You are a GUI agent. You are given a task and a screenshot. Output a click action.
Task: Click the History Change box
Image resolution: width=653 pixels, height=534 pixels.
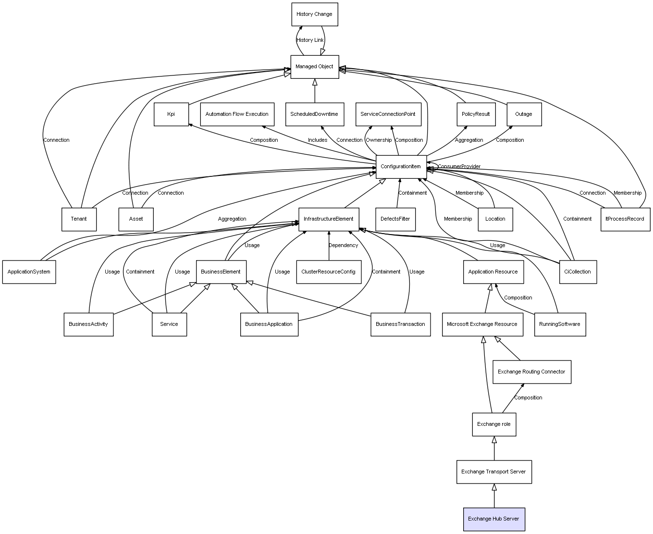tap(314, 14)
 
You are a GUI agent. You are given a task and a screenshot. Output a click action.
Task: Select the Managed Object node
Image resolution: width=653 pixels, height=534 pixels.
tap(314, 67)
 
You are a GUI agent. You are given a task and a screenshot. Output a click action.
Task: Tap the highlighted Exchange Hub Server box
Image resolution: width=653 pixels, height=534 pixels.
tap(493, 519)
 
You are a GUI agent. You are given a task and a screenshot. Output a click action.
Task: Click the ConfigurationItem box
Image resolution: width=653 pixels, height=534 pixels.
tap(401, 167)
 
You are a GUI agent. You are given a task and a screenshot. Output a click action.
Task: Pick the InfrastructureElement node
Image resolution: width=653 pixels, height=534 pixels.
tap(329, 219)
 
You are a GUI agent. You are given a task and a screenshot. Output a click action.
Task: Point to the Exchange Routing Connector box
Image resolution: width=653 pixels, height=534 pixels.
tap(531, 372)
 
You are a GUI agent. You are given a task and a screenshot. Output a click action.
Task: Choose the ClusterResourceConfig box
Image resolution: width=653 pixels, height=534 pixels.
tap(328, 272)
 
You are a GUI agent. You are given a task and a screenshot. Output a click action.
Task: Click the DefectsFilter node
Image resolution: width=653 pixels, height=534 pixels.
tap(395, 219)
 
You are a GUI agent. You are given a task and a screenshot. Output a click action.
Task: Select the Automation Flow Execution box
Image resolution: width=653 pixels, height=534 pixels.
tap(237, 114)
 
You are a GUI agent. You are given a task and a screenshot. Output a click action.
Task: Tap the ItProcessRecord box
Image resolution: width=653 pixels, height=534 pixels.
tap(625, 219)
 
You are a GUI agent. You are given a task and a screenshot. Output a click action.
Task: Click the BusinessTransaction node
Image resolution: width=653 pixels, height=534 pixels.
tap(400, 324)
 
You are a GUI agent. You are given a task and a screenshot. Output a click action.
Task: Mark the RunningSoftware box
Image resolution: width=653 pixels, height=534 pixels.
tap(559, 324)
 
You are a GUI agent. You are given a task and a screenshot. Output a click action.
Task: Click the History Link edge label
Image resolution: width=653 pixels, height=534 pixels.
tap(310, 40)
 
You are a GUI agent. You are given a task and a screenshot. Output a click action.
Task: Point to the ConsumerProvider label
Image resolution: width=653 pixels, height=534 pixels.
tap(459, 167)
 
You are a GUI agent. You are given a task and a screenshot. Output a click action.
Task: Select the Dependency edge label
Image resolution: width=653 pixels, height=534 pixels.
tap(343, 246)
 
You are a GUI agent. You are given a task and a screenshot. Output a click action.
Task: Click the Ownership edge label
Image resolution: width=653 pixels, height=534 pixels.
tap(379, 140)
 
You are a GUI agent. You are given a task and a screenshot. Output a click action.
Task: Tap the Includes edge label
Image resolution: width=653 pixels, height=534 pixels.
tap(318, 140)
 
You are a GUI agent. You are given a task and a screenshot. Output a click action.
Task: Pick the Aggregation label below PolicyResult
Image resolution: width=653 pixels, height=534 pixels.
tap(469, 140)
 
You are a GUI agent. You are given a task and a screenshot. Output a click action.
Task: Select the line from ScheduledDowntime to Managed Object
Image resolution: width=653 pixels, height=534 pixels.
tap(315, 91)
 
